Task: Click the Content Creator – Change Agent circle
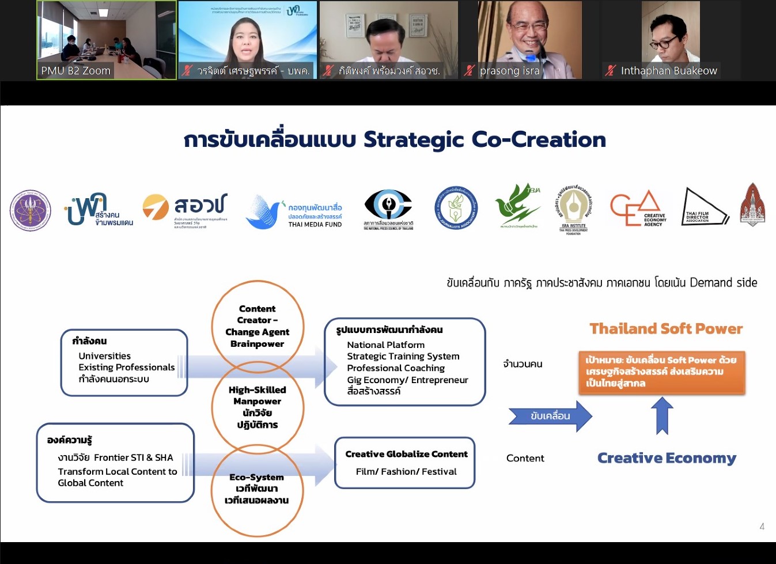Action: pyautogui.click(x=257, y=325)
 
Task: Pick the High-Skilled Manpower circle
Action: pyautogui.click(x=257, y=407)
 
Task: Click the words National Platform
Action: pyautogui.click(x=385, y=345)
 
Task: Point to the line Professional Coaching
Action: pyautogui.click(x=396, y=368)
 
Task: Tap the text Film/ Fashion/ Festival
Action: pyautogui.click(x=406, y=471)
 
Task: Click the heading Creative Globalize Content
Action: pyautogui.click(x=406, y=454)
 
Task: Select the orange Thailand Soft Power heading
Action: pyautogui.click(x=666, y=328)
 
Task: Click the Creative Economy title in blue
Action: pyautogui.click(x=667, y=458)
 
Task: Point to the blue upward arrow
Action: pyautogui.click(x=663, y=415)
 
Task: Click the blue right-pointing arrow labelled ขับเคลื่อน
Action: pyautogui.click(x=550, y=416)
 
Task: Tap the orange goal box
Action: pyautogui.click(x=662, y=372)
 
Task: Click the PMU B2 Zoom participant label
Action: pyautogui.click(x=75, y=71)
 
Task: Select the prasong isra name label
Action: pyautogui.click(x=509, y=71)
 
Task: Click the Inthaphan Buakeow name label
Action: pyautogui.click(x=668, y=71)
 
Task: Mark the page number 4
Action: pyautogui.click(x=762, y=526)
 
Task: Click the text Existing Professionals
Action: pyautogui.click(x=127, y=367)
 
